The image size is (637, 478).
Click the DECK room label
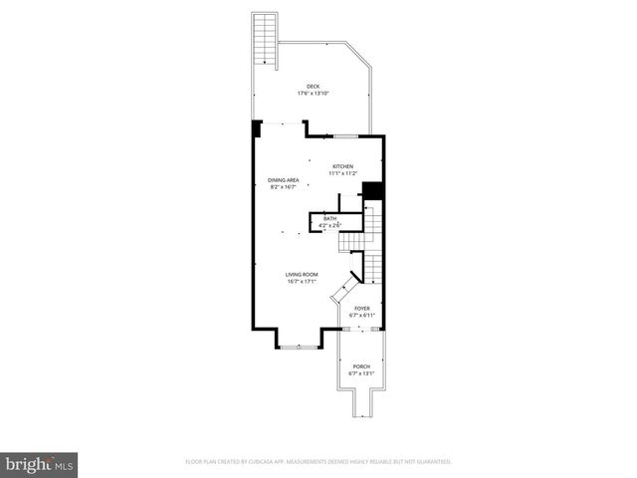[x=314, y=87]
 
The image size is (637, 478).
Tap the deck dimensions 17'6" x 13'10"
[x=314, y=94]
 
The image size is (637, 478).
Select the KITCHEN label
[x=342, y=166]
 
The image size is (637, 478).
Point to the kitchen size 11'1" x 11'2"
[x=342, y=173]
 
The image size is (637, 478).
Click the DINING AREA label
[x=284, y=180]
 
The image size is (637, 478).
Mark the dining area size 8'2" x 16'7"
[x=284, y=187]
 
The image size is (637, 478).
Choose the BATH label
[x=329, y=218]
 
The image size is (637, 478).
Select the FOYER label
[x=362, y=309]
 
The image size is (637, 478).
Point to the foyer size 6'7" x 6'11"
[x=362, y=316]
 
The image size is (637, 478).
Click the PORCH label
[x=361, y=366]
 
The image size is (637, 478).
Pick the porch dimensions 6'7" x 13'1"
[x=361, y=373]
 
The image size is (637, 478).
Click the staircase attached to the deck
[x=265, y=39]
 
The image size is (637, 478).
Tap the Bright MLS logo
[x=40, y=463]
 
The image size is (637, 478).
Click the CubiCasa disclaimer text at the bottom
[x=318, y=462]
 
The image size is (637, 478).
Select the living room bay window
[x=300, y=346]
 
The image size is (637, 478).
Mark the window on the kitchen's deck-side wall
[x=345, y=135]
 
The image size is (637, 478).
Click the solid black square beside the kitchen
[x=373, y=190]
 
